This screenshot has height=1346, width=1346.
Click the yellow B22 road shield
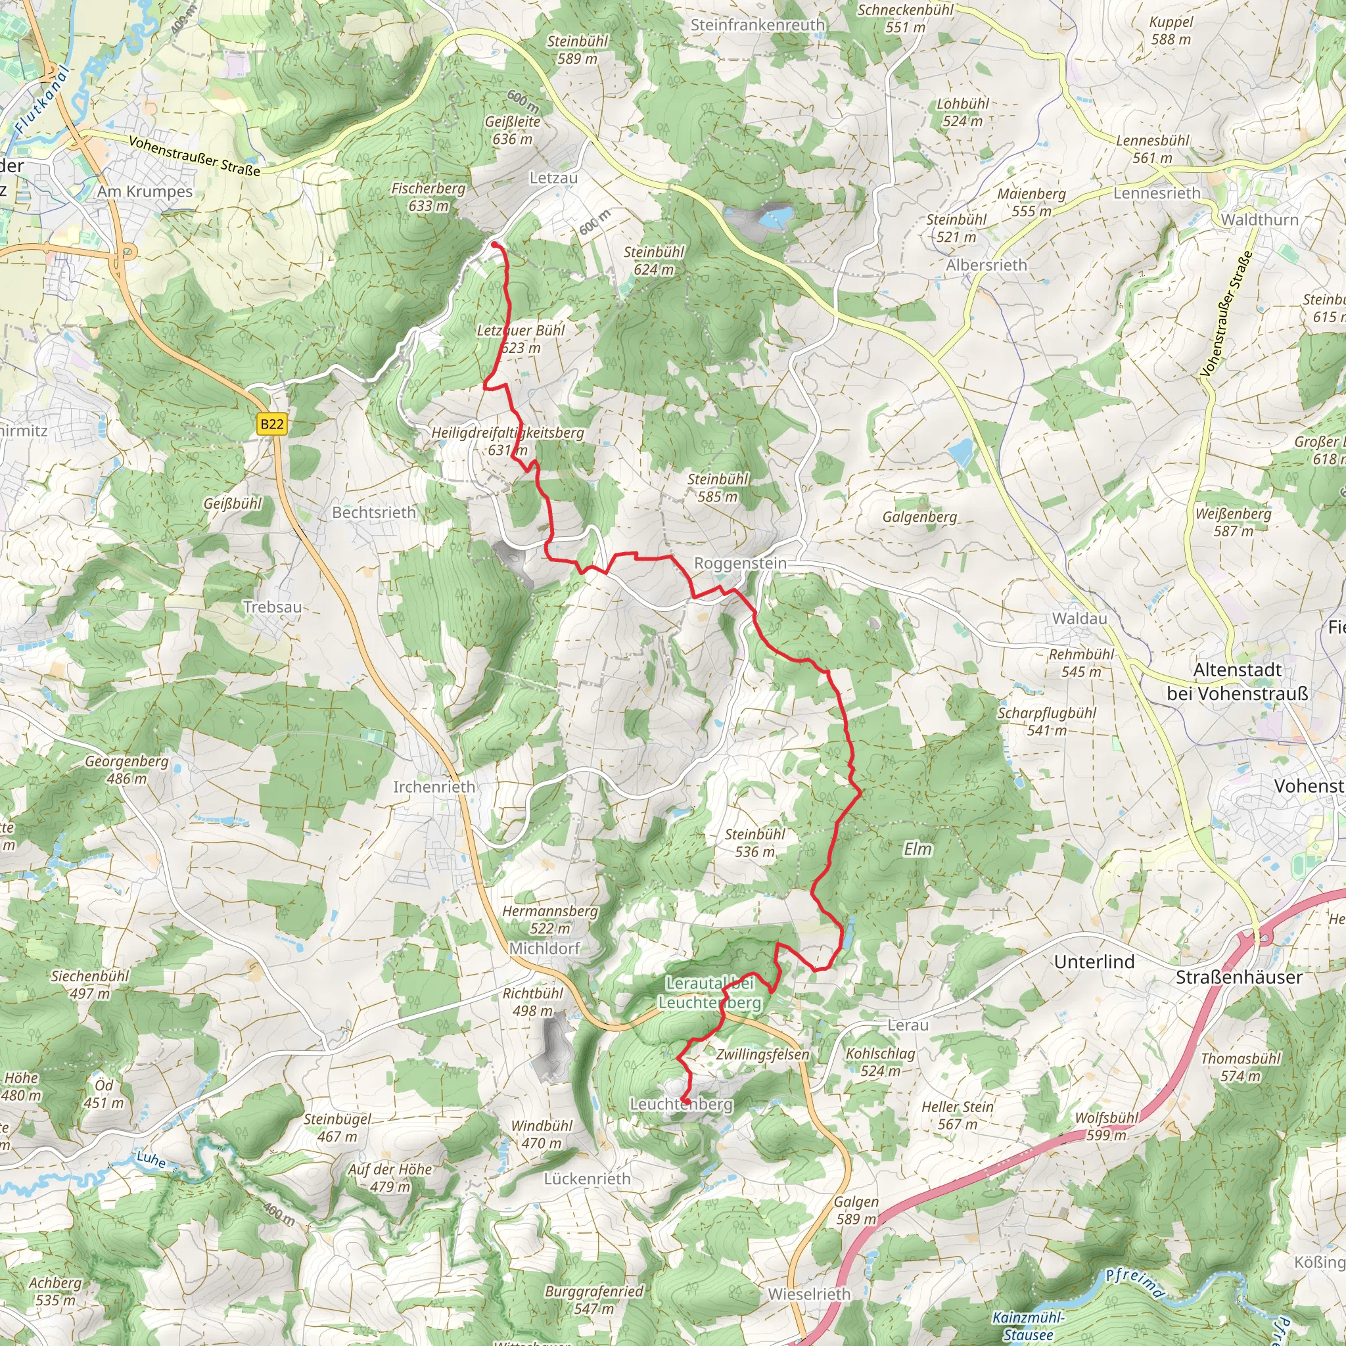point(271,425)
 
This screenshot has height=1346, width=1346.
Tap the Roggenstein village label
point(740,563)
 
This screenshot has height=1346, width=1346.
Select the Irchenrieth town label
point(434,787)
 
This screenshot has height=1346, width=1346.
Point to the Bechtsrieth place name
point(373,512)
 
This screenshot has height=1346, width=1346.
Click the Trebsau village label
point(272,607)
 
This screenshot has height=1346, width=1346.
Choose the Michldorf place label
point(544,948)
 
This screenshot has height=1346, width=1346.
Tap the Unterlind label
point(1094,962)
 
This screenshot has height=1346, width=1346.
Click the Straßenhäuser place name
point(1239,977)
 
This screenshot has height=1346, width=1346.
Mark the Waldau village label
point(1079,618)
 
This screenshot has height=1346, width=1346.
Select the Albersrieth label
point(986,265)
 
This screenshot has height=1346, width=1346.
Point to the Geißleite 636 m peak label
point(513,130)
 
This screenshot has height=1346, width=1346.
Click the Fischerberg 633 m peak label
point(428,197)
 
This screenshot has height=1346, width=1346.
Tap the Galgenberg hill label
point(919,517)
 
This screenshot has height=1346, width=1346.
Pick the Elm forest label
point(917,848)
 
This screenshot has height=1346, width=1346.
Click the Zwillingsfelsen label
point(762,1055)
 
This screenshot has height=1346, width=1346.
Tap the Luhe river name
point(151,1159)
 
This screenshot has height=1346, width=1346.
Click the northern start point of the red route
point(494,244)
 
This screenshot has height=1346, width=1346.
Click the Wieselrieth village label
point(809,1293)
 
